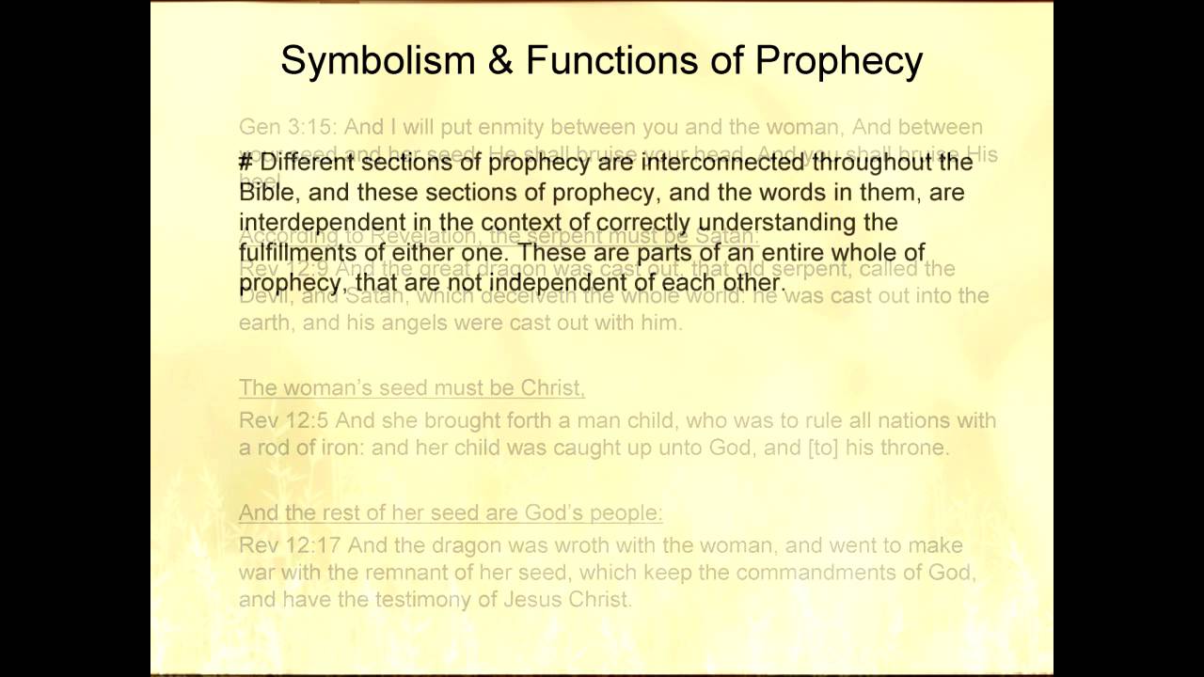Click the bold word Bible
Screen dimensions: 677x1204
(266, 193)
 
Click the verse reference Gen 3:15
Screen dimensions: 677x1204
(286, 127)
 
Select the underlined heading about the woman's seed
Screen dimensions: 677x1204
(411, 387)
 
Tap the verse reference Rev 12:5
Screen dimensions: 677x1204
(283, 420)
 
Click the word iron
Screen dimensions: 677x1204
(341, 448)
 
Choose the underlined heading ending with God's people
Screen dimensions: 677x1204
(451, 512)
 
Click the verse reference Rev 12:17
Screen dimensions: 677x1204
(289, 545)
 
